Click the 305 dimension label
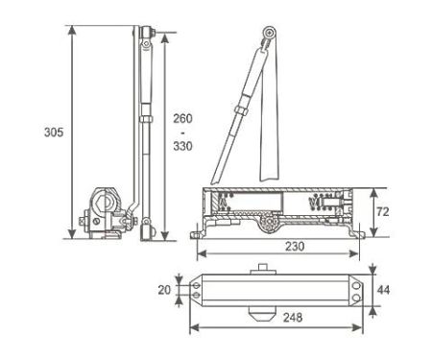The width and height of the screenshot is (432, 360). [x=54, y=132]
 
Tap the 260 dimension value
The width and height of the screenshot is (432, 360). [x=182, y=118]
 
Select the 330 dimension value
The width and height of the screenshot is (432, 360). [x=182, y=146]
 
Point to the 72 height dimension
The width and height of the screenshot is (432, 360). [x=383, y=212]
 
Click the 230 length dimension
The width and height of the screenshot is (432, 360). [x=295, y=247]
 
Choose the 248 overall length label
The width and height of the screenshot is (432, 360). [x=293, y=317]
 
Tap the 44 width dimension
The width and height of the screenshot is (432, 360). [x=383, y=290]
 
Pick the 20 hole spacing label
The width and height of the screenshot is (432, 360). [x=164, y=290]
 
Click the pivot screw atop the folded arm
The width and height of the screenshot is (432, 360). [x=270, y=33]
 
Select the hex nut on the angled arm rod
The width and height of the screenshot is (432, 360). [x=242, y=109]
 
